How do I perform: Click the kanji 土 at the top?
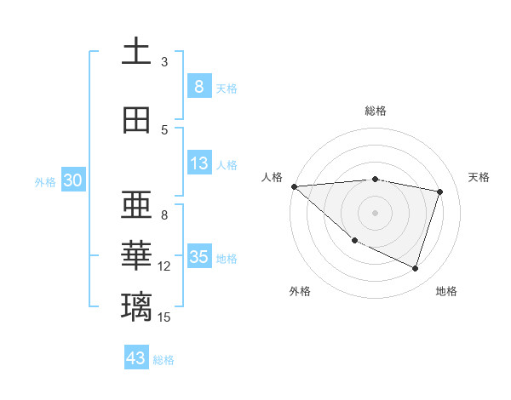[x=136, y=52]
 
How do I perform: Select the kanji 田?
[x=136, y=120]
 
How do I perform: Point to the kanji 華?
[x=136, y=254]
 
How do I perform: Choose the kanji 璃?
[x=136, y=306]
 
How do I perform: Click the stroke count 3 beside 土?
[x=164, y=62]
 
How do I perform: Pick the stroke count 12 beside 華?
[x=164, y=266]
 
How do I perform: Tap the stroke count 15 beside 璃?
[x=164, y=317]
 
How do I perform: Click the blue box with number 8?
[x=199, y=86]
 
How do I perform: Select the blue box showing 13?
[x=199, y=164]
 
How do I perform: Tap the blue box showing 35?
[x=199, y=257]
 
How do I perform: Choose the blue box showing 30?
[x=73, y=180]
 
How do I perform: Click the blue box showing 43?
[x=136, y=358]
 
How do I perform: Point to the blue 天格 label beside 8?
[x=227, y=88]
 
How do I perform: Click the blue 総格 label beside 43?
[x=164, y=360]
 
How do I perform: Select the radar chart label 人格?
[x=273, y=177]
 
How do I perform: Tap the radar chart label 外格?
[x=300, y=291]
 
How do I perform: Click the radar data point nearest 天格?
[x=439, y=191]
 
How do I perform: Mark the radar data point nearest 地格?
[x=415, y=269]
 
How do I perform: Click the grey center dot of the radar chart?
[x=375, y=212]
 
